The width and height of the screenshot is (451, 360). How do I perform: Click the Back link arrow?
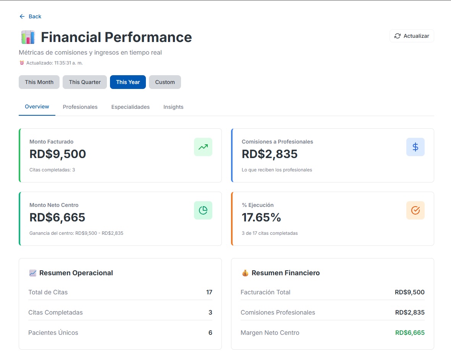tap(22, 16)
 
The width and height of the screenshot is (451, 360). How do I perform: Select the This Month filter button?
tap(39, 82)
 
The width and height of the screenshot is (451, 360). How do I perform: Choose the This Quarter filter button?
tap(85, 82)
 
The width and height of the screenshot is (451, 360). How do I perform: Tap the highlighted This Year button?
tap(128, 82)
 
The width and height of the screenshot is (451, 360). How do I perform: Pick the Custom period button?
tap(165, 82)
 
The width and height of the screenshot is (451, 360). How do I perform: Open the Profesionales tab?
tap(80, 107)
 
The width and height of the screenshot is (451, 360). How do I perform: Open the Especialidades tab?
tap(131, 107)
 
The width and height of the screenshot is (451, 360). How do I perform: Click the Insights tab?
tap(173, 107)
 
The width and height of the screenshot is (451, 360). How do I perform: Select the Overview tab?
tap(37, 107)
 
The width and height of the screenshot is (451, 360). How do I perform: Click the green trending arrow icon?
tap(203, 147)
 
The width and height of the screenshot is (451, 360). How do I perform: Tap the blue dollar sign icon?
tap(415, 147)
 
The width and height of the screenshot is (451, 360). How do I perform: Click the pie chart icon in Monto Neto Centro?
tap(203, 210)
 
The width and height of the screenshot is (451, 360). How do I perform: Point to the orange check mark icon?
tap(415, 210)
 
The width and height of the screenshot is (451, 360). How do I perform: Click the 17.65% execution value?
tap(261, 217)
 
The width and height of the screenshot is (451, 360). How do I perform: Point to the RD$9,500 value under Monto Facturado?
tap(58, 154)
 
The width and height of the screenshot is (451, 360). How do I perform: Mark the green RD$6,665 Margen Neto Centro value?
tap(410, 333)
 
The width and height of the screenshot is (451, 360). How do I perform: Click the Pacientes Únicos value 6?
tap(210, 333)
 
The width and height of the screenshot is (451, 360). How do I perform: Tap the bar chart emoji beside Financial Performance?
tap(28, 37)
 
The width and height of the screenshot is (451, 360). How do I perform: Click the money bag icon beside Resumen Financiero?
tap(245, 273)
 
